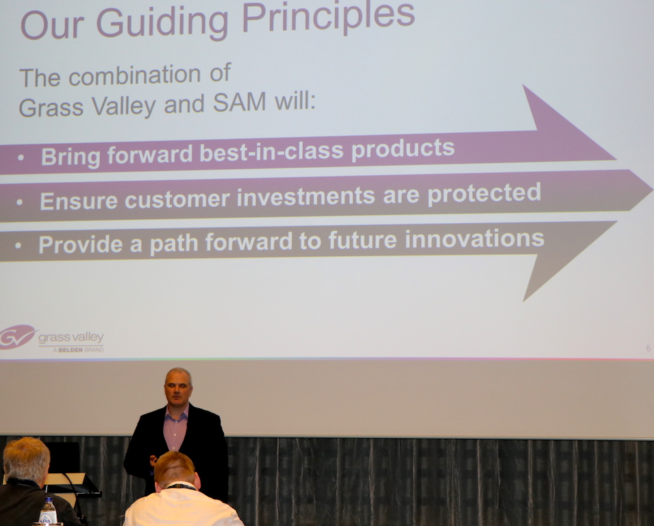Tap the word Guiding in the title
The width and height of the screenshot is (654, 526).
click(163, 23)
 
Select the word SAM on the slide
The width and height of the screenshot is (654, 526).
click(240, 102)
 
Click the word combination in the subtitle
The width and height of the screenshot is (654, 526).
click(135, 75)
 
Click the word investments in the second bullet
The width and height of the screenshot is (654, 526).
click(306, 197)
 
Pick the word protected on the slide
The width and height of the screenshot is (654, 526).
click(484, 193)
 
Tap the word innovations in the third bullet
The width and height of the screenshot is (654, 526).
click(475, 239)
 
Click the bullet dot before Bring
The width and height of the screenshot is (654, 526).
click(21, 158)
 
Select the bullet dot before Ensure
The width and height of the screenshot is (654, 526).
click(20, 202)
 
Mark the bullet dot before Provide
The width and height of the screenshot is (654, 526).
click(18, 246)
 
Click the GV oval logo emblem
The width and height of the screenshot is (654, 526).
click(17, 336)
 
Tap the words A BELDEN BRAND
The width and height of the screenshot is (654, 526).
click(79, 349)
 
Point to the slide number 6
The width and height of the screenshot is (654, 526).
click(648, 349)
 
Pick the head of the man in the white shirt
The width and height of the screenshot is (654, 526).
click(175, 470)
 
